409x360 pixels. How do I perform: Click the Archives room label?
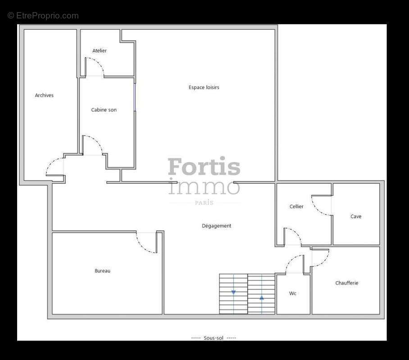[44, 95]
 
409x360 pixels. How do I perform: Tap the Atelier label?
[100, 51]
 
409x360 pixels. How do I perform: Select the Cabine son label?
[104, 110]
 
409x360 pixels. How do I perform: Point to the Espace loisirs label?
[204, 87]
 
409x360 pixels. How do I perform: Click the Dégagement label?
[216, 226]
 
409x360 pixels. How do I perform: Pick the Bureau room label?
[102, 271]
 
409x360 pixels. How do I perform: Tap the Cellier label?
[296, 207]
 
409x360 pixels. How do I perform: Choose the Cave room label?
[356, 216]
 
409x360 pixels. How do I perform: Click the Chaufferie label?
[347, 283]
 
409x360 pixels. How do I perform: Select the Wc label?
[293, 293]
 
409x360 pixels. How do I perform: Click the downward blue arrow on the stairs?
[233, 292]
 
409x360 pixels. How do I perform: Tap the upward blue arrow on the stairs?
[262, 297]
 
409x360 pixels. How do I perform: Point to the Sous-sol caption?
[214, 338]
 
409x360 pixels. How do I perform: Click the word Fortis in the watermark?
[204, 166]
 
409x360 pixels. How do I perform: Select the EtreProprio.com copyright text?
[43, 16]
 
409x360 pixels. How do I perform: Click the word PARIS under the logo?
[204, 203]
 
